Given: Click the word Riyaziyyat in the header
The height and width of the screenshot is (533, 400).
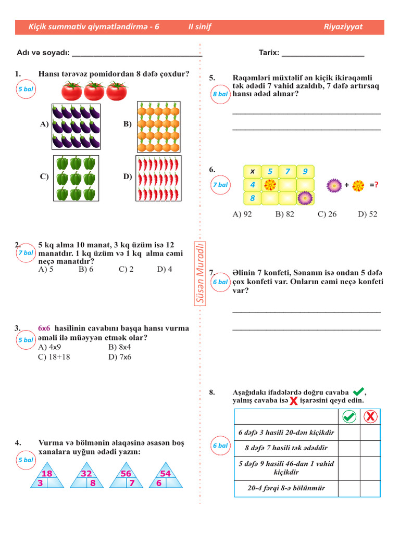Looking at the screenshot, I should (343, 27).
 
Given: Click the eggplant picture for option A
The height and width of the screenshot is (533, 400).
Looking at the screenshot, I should (76, 126).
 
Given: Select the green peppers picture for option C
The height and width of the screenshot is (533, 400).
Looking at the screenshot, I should (76, 178).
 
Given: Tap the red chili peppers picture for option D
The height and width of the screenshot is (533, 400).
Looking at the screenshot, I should (158, 179).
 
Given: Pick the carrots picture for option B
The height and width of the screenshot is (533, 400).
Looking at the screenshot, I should (158, 126).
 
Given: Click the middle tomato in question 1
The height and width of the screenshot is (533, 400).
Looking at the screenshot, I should (94, 91).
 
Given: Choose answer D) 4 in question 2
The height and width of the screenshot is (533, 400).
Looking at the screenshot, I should (165, 269).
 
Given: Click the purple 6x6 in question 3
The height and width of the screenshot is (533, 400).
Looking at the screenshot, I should (44, 328).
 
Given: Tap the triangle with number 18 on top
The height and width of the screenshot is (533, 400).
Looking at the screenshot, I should (47, 476).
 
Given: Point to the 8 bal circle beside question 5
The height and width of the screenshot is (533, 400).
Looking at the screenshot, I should (220, 94).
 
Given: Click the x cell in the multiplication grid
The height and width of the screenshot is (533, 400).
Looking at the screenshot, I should (253, 171).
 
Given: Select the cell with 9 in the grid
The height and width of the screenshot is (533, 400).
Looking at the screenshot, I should (305, 171).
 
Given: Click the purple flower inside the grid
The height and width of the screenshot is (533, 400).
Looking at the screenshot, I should (305, 198).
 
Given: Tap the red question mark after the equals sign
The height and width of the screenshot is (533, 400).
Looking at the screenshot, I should (376, 185).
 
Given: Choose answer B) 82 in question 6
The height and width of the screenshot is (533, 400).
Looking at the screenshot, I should (285, 214).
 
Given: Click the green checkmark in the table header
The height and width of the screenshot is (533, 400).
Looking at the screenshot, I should (349, 417).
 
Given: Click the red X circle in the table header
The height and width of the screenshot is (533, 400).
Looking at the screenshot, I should (370, 417).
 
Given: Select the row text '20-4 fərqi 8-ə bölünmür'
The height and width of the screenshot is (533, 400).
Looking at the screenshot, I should (286, 488).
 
